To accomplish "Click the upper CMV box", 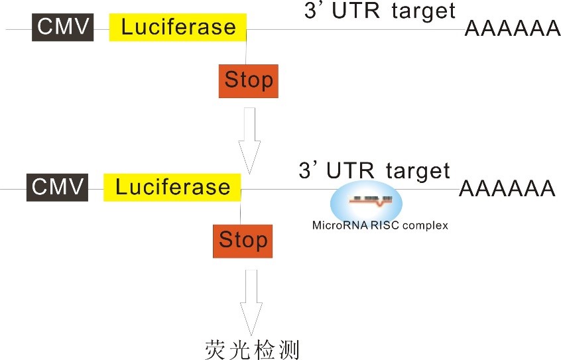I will (x=62, y=27).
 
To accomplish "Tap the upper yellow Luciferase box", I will (x=178, y=27).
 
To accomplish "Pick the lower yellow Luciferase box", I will (x=172, y=186).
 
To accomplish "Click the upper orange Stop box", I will (x=248, y=81).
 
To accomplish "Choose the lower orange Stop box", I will (x=243, y=240).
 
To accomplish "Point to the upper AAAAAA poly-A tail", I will (x=512, y=29).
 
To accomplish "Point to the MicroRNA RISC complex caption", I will (x=380, y=225).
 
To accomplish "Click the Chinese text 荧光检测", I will (x=253, y=348).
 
